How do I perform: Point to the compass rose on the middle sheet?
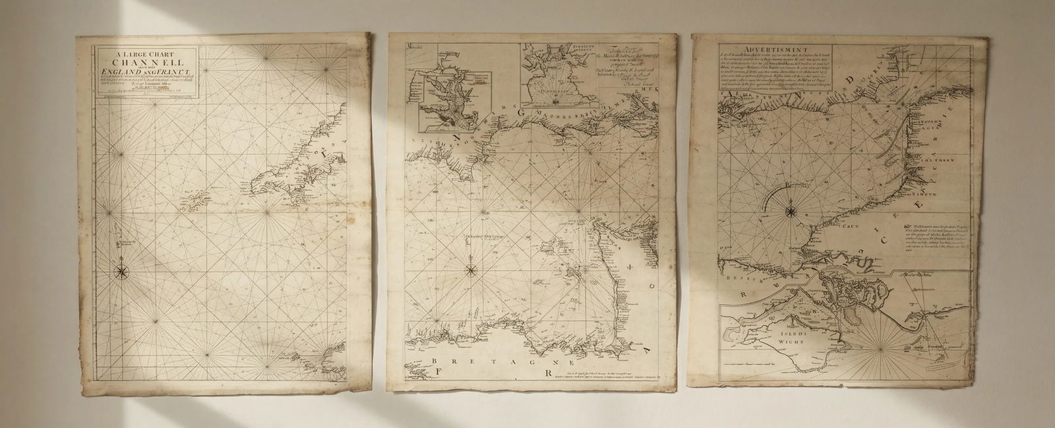[472, 269]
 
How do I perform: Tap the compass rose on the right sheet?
[790, 212]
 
